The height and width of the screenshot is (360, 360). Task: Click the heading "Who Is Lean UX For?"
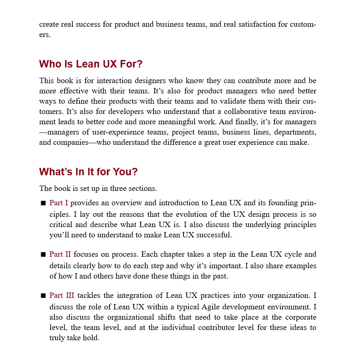pos(91,64)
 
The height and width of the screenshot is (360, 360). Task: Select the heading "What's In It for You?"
pos(88,172)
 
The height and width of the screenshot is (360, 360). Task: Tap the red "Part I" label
pos(58,203)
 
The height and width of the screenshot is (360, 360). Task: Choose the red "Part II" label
pos(60,254)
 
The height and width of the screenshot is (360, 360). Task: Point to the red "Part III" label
pos(62,295)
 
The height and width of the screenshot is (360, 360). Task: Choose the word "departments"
pos(296,132)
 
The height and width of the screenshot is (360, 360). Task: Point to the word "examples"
pos(299,266)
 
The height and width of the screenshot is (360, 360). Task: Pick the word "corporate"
pos(299,317)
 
